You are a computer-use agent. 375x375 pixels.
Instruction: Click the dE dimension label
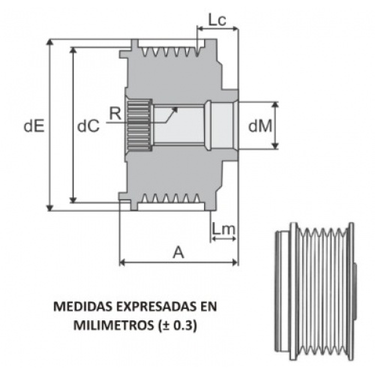(x=34, y=126)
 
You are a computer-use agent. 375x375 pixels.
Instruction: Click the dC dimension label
(x=88, y=126)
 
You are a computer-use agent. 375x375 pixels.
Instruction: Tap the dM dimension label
(x=260, y=126)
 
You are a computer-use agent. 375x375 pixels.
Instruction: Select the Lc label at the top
(x=217, y=20)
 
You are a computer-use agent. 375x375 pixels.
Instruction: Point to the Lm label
(x=223, y=229)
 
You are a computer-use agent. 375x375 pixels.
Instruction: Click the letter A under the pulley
(x=178, y=252)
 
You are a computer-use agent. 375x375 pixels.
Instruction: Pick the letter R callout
(x=115, y=114)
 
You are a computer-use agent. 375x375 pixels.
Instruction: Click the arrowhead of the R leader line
(x=175, y=109)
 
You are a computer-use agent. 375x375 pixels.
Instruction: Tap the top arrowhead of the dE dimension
(x=50, y=43)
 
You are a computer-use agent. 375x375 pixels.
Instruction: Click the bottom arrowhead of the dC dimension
(x=73, y=199)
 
